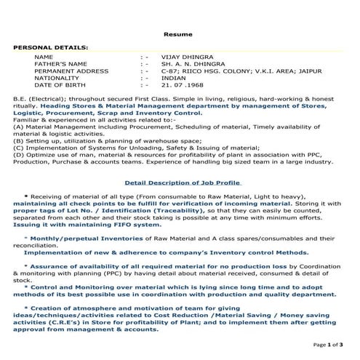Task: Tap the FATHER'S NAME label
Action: click(x=60, y=64)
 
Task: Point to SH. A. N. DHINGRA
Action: click(x=188, y=64)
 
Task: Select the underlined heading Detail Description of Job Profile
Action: click(x=183, y=183)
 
